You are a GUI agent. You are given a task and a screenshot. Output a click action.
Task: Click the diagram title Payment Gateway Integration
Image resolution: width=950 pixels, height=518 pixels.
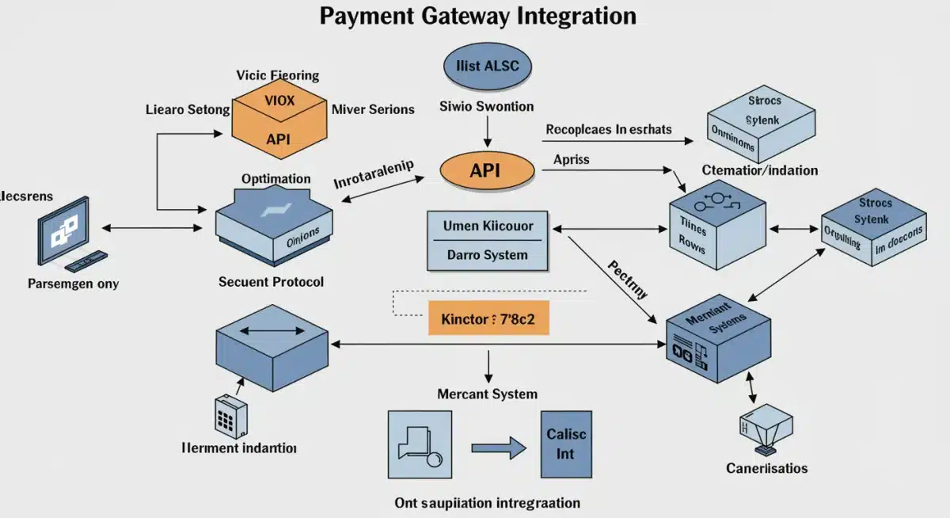477,17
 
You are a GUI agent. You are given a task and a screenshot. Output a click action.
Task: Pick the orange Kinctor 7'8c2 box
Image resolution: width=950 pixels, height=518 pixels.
488,320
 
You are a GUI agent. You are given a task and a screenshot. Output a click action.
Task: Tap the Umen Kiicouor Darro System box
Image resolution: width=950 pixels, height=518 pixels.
487,240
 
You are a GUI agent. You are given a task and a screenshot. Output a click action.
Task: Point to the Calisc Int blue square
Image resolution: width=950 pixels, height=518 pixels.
566,444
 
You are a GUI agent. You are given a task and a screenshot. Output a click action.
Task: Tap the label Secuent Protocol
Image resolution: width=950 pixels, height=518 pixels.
271,281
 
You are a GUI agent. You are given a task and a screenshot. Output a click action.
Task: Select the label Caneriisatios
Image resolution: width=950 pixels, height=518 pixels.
766,468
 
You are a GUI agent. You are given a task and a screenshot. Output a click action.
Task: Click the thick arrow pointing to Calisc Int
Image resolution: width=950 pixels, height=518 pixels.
499,448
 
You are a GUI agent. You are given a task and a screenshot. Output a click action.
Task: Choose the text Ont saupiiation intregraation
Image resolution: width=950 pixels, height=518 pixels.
487,502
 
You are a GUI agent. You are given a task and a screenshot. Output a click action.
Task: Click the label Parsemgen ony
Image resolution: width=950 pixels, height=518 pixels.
73,283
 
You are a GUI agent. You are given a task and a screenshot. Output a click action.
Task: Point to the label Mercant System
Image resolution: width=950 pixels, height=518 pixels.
487,394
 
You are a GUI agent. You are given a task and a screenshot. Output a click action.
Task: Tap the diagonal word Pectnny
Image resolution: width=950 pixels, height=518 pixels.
628,277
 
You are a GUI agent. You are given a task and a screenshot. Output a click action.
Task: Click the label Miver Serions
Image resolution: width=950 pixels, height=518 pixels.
373,109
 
